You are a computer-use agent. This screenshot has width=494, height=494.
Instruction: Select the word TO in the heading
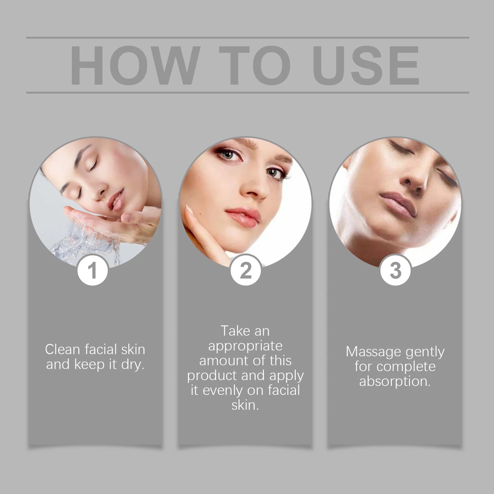tap(254, 65)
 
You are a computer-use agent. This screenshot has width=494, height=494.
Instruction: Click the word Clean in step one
tap(63, 349)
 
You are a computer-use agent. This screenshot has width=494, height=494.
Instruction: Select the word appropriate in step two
tap(245, 346)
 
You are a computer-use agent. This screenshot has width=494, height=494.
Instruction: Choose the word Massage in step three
tap(373, 351)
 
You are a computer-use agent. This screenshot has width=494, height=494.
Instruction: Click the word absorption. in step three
tap(395, 381)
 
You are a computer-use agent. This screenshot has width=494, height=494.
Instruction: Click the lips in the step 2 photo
tap(243, 217)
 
